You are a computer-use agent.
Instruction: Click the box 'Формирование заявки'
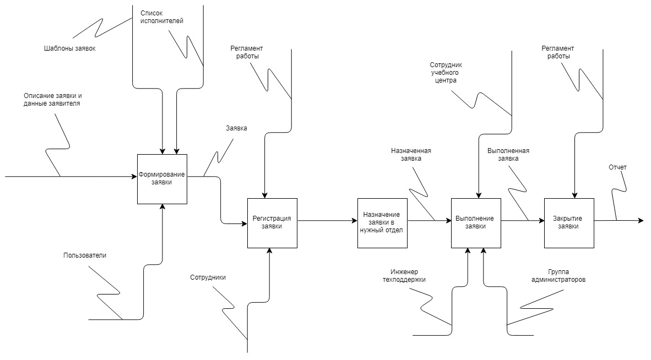pos(162,179)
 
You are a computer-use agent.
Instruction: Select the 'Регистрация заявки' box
pos(272,223)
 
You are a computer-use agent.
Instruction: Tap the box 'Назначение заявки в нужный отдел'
pos(382,223)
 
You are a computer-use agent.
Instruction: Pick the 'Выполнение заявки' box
pos(476,223)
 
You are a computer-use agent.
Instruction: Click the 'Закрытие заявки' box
pos(569,223)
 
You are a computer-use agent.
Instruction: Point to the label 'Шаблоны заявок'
pos(70,48)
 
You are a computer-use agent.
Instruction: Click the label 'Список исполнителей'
pos(161,17)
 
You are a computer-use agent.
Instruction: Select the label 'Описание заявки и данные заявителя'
pos(52,100)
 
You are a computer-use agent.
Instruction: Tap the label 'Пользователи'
pos(85,255)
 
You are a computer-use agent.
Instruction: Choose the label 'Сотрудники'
pos(208,277)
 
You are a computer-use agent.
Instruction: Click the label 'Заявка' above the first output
pos(236,128)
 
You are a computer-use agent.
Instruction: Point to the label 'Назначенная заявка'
pos(411,155)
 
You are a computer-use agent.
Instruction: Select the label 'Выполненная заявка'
pos(508,155)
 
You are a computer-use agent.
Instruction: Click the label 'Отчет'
pos(617,167)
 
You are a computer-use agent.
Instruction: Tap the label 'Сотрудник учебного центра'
pos(446,73)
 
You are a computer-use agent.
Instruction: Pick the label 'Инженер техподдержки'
pos(404,276)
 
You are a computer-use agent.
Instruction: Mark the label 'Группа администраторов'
pos(558,276)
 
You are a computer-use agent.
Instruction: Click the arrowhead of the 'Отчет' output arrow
pos(641,221)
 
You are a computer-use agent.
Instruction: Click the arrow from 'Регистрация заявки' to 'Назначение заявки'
pos(328,221)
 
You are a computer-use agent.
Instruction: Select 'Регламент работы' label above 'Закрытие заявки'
pos(557,52)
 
